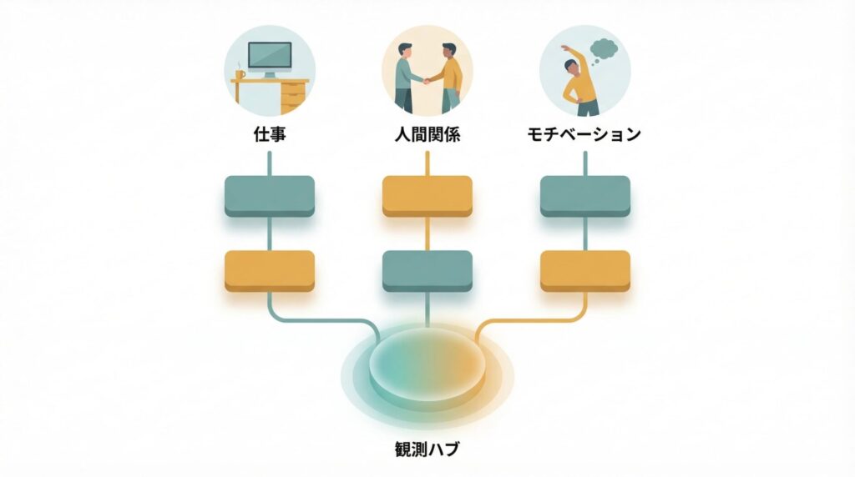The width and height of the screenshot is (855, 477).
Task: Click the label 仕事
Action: [x=269, y=133]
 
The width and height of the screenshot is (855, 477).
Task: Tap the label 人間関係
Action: [x=427, y=133]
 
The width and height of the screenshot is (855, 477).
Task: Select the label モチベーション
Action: [x=584, y=133]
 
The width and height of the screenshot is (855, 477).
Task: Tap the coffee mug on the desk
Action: [x=240, y=74]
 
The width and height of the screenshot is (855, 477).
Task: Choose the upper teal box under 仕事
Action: [x=269, y=196]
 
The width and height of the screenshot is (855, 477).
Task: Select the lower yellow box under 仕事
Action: [x=269, y=270]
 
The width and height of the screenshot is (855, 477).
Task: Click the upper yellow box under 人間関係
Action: [x=427, y=196]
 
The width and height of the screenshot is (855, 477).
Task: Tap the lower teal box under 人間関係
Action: [x=427, y=270]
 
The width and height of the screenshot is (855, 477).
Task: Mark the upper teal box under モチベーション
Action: [x=584, y=196]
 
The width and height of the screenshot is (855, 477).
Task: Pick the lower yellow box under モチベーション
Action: [x=584, y=270]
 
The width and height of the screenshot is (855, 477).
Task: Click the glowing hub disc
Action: [x=427, y=364]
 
